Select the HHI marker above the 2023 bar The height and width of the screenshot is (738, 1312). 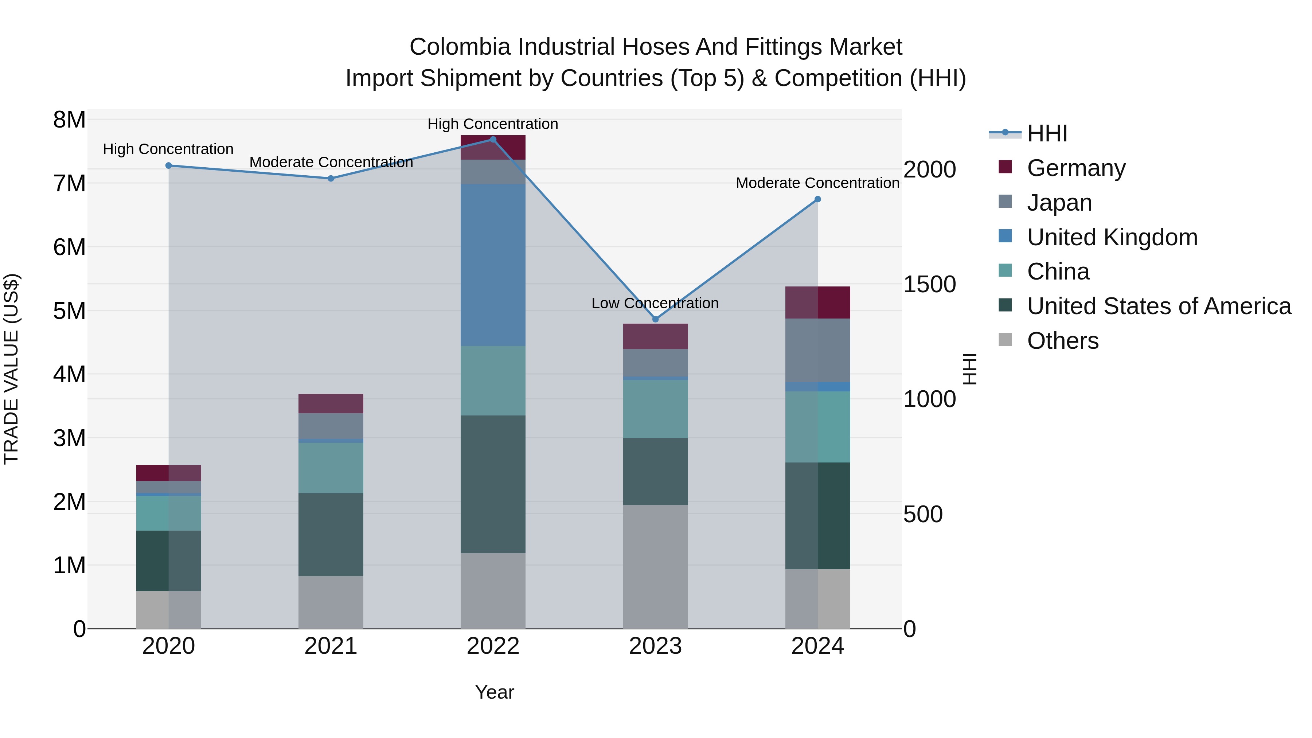pyautogui.click(x=656, y=319)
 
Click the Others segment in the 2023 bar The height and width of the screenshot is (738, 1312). pyautogui.click(x=656, y=566)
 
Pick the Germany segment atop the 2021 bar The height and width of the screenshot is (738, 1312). pyautogui.click(x=331, y=403)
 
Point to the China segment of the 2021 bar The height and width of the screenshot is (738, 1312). pyautogui.click(x=331, y=468)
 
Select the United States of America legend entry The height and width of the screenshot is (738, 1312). pyautogui.click(x=1159, y=306)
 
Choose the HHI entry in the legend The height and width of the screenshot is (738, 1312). pyautogui.click(x=1047, y=133)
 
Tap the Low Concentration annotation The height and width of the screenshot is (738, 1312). pyautogui.click(x=655, y=303)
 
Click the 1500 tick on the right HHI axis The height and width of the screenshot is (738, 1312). pyautogui.click(x=929, y=284)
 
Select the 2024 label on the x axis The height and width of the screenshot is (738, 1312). pyautogui.click(x=817, y=646)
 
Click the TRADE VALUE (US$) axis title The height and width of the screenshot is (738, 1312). pyautogui.click(x=11, y=369)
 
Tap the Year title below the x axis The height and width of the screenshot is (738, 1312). pyautogui.click(x=494, y=692)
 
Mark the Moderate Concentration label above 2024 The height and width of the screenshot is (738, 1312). pyautogui.click(x=817, y=183)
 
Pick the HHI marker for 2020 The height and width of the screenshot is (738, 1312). pyautogui.click(x=169, y=165)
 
